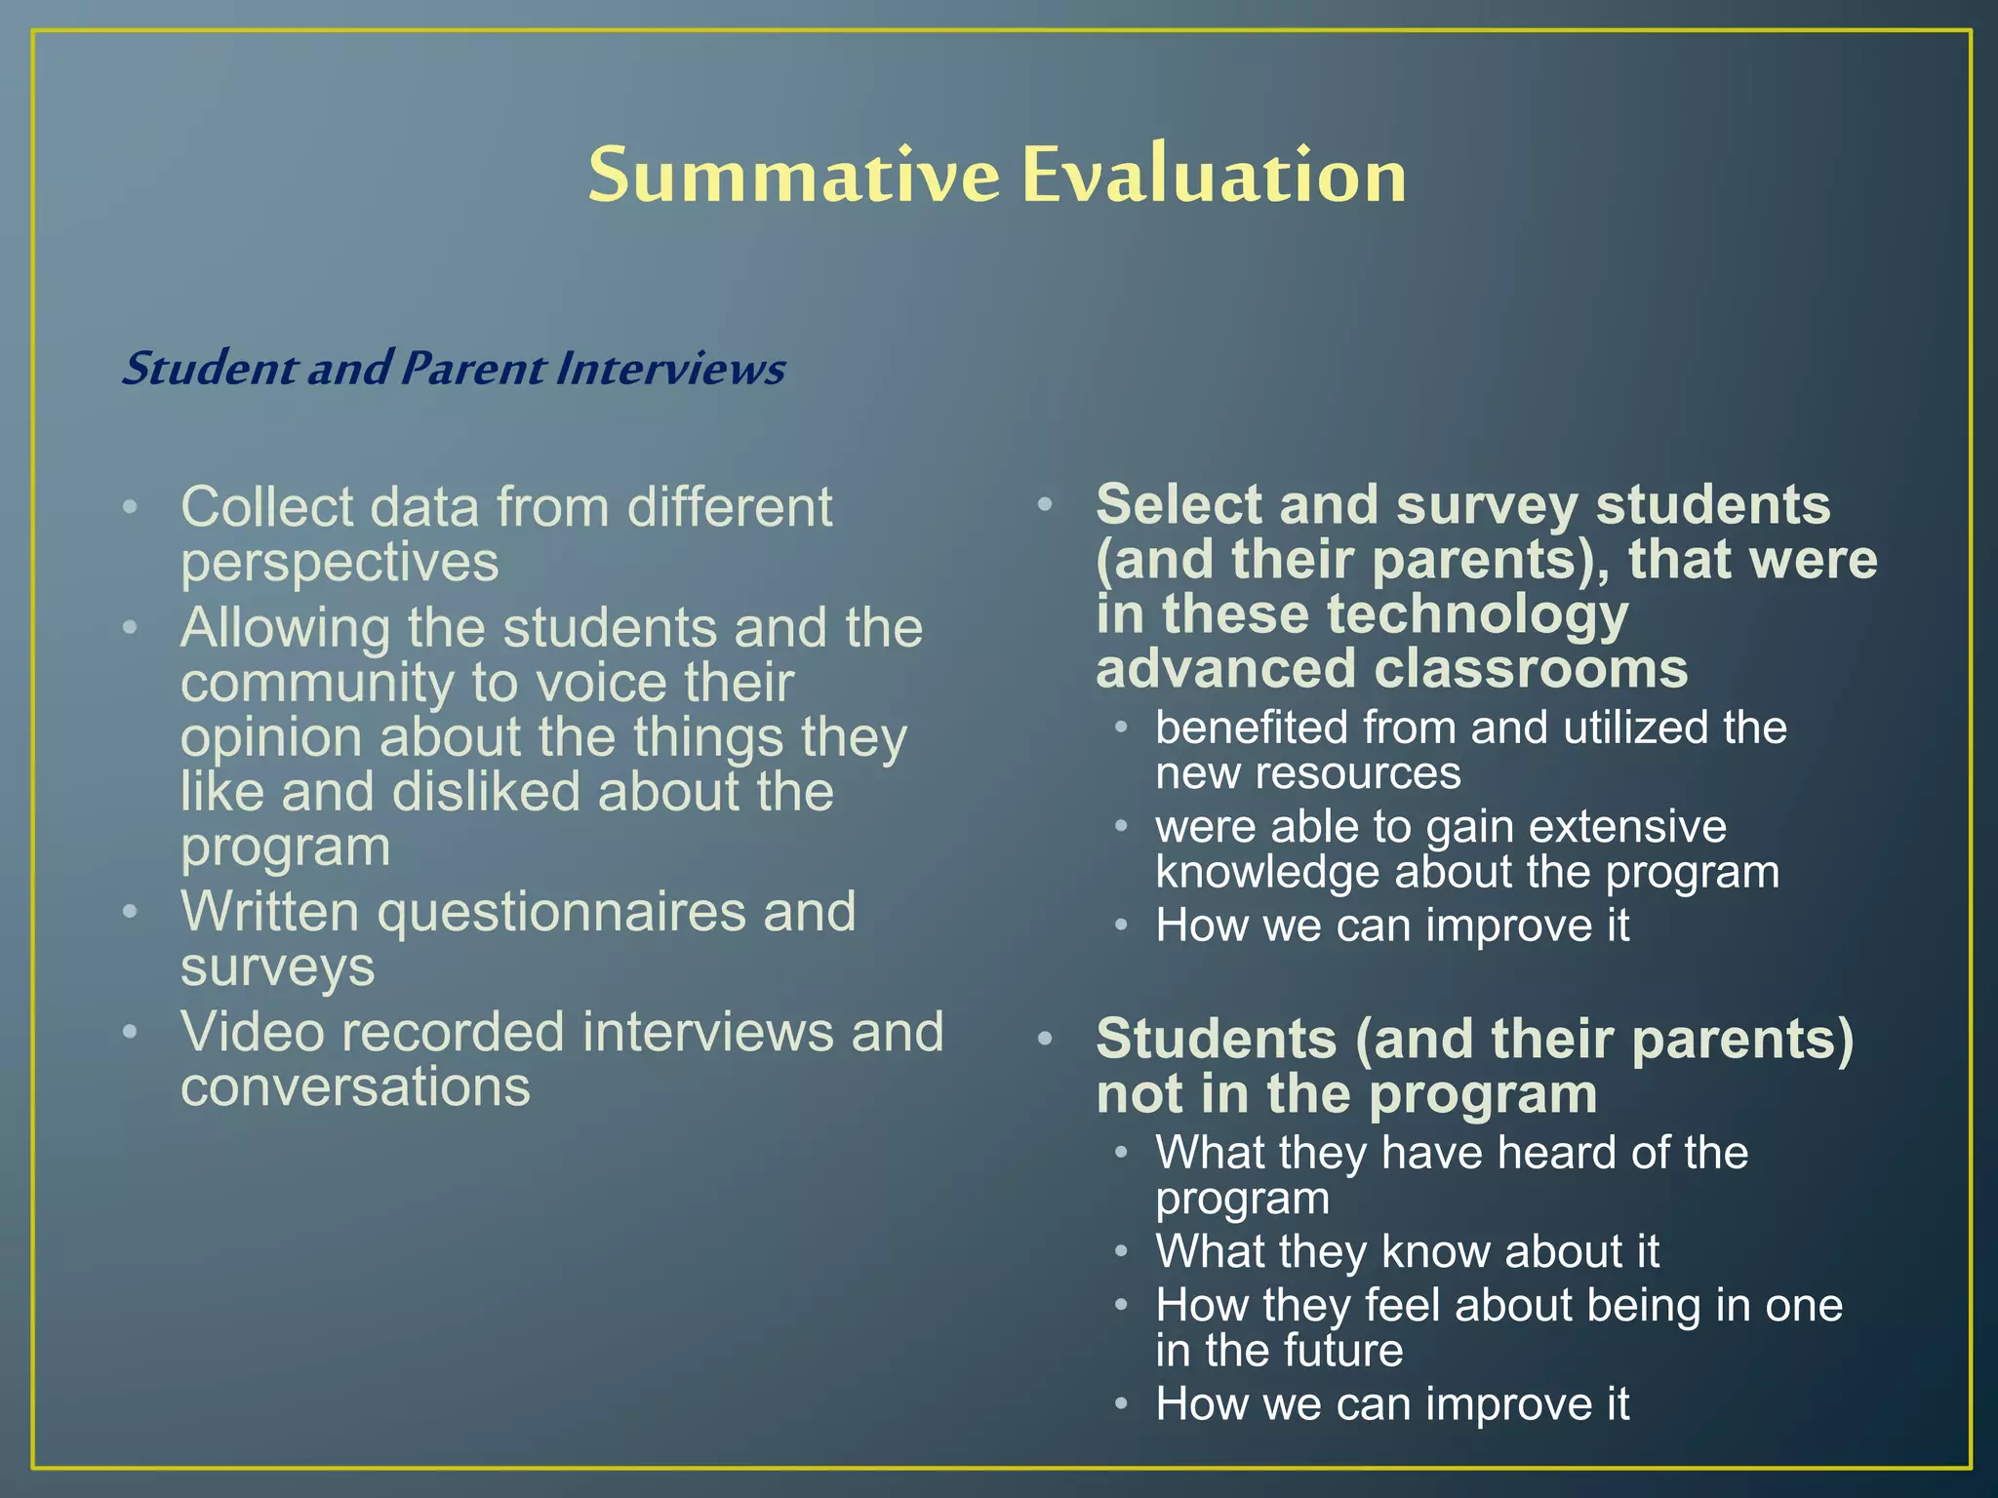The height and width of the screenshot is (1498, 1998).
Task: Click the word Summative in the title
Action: click(793, 177)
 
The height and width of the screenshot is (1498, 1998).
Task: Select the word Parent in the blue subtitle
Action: click(473, 369)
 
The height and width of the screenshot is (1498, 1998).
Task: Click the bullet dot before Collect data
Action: click(130, 507)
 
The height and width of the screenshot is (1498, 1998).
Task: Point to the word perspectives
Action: click(340, 563)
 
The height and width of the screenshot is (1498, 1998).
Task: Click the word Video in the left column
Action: click(252, 1032)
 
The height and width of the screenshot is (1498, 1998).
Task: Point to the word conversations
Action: click(355, 1087)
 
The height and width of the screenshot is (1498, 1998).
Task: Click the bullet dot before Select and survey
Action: click(1045, 504)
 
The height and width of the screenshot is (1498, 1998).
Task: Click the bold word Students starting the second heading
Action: click(1216, 1039)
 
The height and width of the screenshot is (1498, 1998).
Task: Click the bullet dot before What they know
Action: click(1122, 1251)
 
